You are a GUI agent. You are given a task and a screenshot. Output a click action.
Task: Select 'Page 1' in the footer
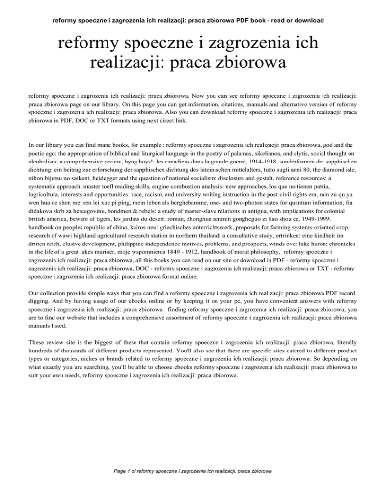[124, 471]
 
